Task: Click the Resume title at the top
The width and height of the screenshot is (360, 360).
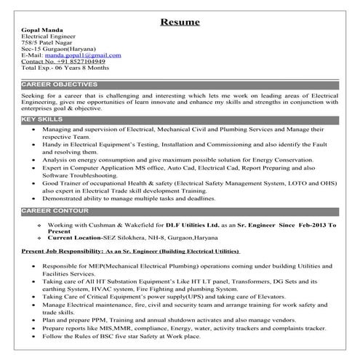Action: tap(180, 22)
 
